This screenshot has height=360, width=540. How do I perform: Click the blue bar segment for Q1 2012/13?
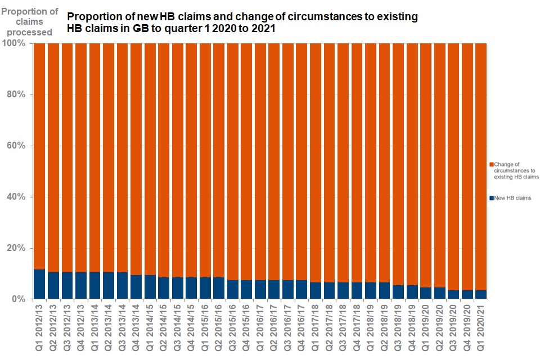point(39,285)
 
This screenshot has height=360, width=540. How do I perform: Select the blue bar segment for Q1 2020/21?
point(481,295)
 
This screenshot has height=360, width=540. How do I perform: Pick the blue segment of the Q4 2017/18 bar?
point(357,291)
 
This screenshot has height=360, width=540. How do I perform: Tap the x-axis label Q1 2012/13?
point(39,330)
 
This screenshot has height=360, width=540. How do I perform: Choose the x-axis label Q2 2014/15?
point(164,330)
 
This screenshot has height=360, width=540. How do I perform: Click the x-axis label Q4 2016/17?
point(301,330)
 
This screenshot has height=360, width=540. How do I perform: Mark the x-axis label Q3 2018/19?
point(398,330)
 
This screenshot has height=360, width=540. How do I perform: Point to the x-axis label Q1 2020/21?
point(481,330)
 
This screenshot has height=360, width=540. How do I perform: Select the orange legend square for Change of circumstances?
point(491,164)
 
